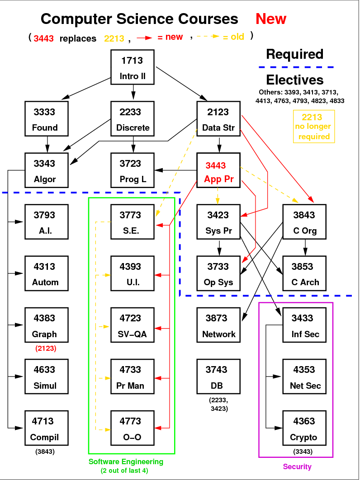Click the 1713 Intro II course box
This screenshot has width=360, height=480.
133,67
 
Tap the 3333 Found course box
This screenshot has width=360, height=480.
47,118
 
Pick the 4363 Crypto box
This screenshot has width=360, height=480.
304,428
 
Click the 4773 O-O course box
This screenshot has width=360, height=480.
133,428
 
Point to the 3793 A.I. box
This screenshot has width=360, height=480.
47,222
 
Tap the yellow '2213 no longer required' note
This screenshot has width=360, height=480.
313,127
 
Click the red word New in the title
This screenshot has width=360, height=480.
270,19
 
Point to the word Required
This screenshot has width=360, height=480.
294,54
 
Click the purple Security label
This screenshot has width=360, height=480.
297,466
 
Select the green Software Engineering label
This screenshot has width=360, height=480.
126,462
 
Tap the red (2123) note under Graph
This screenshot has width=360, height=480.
45,348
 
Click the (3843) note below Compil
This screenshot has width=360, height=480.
45,451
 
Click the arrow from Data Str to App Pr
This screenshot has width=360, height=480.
219,144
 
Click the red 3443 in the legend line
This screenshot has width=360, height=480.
44,38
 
